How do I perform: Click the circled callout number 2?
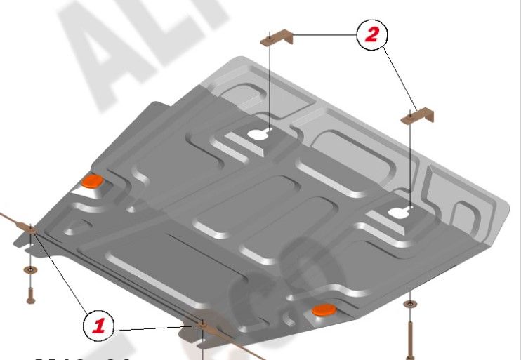coord(371,35)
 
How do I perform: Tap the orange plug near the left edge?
coord(91,182)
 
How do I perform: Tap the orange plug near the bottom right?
coord(323,310)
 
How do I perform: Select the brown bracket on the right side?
coord(418,116)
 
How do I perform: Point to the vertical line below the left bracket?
coord(270,84)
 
